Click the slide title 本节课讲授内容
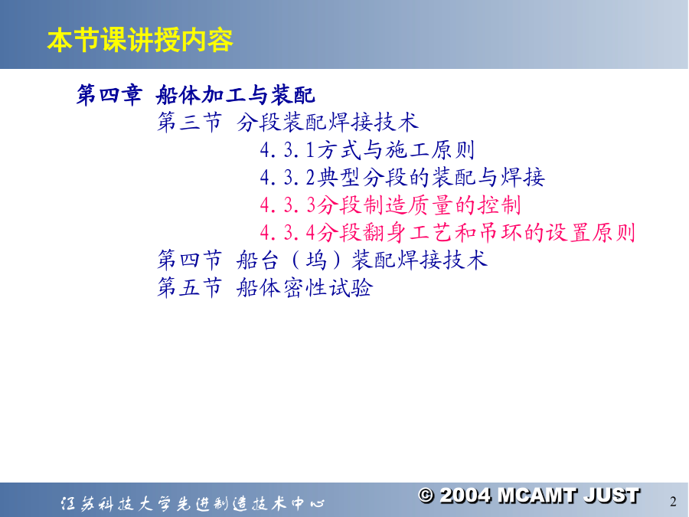tap(140, 40)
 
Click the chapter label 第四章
tap(109, 94)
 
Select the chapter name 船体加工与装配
tap(236, 94)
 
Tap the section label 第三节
tap(190, 122)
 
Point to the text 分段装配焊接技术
tap(328, 122)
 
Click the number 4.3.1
tap(287, 150)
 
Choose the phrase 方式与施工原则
tap(396, 150)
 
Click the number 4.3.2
tap(287, 178)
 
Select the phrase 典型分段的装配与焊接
tap(431, 178)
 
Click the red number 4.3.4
tap(287, 234)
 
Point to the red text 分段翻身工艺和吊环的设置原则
tap(476, 233)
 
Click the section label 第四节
tap(190, 260)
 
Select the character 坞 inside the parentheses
tap(316, 260)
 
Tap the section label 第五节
tap(190, 287)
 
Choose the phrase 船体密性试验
tap(305, 287)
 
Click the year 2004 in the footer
tap(465, 496)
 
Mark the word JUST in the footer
tap(612, 496)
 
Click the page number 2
tap(673, 502)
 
